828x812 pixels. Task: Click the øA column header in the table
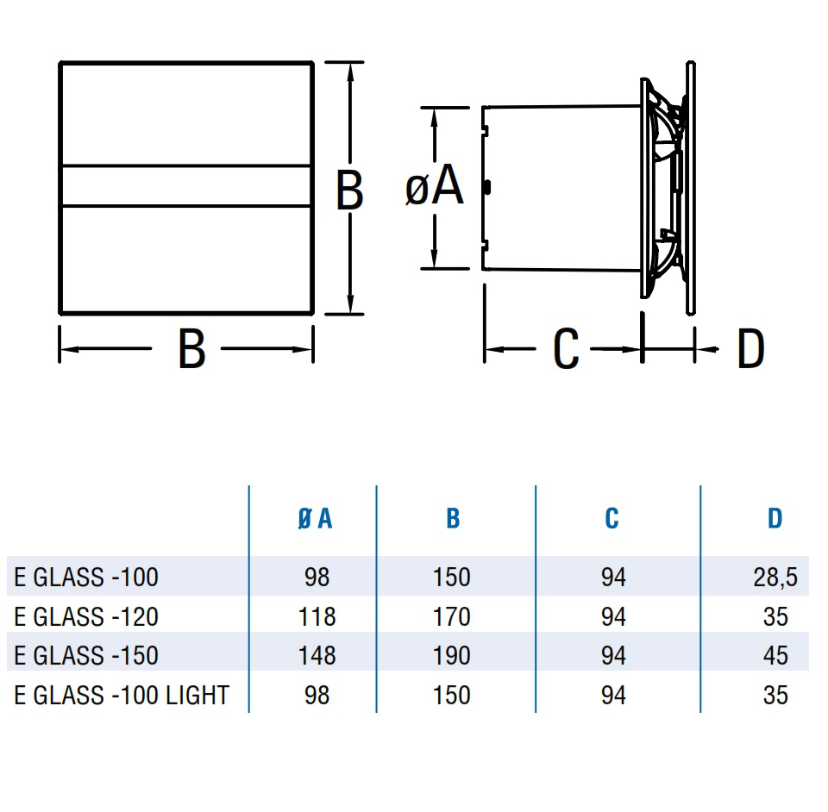(316, 519)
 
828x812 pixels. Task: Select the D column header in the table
(775, 519)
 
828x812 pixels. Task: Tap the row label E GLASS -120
(86, 617)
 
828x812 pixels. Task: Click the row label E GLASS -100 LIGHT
(122, 695)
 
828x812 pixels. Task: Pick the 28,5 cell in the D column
(775, 578)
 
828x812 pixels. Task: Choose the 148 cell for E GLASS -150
(317, 656)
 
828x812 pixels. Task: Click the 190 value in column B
(451, 656)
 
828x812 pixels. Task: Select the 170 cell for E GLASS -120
(451, 617)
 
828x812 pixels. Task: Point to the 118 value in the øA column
(317, 617)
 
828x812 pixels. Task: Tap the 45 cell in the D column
(775, 656)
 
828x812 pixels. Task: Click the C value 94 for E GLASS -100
(613, 578)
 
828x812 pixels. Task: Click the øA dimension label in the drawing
(435, 185)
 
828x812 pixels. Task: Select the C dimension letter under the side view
(566, 348)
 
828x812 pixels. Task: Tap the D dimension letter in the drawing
(750, 348)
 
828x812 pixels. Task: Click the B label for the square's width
(191, 348)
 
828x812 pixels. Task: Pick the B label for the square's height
(349, 190)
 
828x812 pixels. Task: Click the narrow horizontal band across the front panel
(186, 185)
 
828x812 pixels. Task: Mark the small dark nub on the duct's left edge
(486, 187)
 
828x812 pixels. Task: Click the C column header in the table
(612, 519)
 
